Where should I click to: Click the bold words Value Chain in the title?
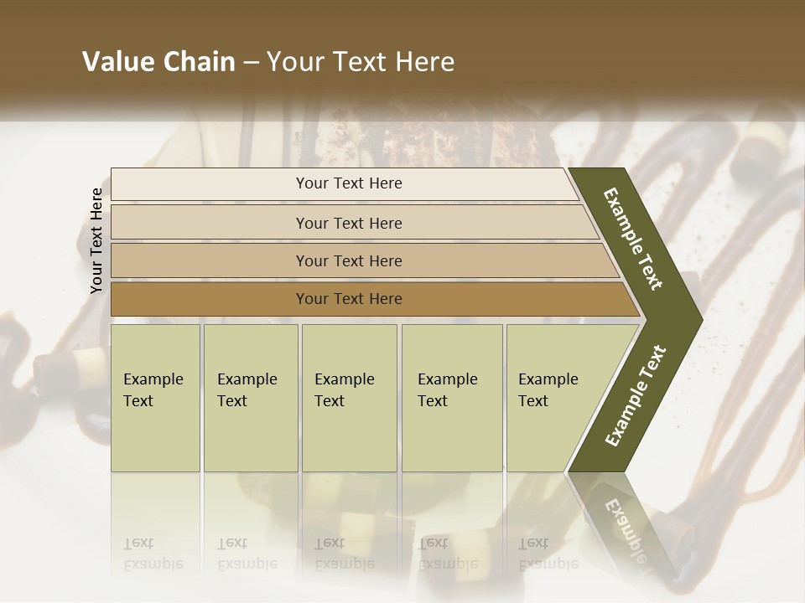(158, 62)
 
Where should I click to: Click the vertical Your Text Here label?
(96, 240)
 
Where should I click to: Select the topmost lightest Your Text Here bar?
(348, 183)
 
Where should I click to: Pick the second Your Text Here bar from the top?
(348, 223)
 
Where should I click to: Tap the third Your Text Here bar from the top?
(348, 260)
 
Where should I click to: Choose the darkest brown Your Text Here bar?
(348, 298)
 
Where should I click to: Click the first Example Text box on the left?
(155, 397)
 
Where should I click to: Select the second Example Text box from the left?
(250, 397)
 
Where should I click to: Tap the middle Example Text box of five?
(349, 397)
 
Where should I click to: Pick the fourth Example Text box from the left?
(451, 397)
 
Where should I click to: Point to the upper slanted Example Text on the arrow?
(634, 239)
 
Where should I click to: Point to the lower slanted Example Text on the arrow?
(636, 395)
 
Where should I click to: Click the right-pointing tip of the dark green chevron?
(699, 319)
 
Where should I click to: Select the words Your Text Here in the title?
(361, 62)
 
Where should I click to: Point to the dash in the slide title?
(251, 62)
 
